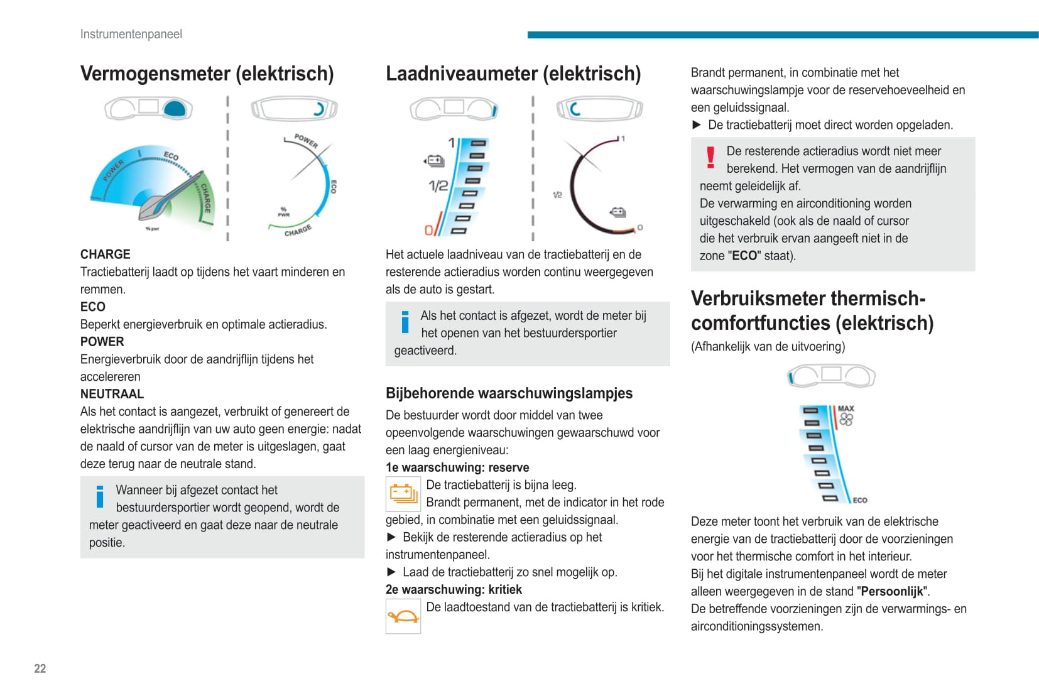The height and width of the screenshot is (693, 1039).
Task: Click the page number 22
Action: pos(40,668)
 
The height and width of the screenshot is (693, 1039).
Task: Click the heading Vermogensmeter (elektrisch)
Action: pos(207,74)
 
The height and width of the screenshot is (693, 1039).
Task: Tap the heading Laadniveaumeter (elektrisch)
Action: pos(513,74)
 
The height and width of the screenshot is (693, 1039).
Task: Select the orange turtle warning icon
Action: pos(403,616)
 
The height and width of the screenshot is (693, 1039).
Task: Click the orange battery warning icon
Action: pos(403,494)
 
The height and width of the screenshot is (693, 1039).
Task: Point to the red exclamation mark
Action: pos(710,158)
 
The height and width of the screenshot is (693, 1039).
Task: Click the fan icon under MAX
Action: pos(846,420)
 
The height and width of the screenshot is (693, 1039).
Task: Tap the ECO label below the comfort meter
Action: pos(859,500)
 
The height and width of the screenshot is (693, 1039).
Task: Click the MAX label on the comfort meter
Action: pos(846,408)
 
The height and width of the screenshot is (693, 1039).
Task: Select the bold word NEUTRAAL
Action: pos(112,394)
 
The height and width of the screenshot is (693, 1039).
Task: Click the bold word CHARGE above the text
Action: pos(105,254)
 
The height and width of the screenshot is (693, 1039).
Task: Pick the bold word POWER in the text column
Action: pos(102,342)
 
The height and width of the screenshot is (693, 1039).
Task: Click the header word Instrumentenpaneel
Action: pos(131,34)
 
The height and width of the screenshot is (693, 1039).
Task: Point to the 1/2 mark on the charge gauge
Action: pos(438,186)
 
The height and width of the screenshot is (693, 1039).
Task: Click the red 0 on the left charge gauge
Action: pos(429,230)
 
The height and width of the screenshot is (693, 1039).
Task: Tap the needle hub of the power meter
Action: pos(153,207)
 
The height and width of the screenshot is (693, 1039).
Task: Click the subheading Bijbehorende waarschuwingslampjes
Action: pos(509,393)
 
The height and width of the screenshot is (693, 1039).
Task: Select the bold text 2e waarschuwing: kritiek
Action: pos(454,589)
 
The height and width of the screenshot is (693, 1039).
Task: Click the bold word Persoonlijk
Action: pos(892,591)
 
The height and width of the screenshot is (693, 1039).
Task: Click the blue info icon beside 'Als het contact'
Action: pos(405,322)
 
